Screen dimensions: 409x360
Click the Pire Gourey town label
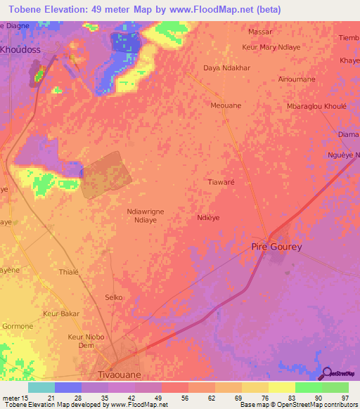(276, 247)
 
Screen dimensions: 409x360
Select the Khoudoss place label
(21, 50)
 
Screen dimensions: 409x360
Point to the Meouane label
(226, 105)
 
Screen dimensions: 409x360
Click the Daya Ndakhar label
(226, 68)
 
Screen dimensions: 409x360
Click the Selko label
(114, 297)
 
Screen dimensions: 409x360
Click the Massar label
(260, 32)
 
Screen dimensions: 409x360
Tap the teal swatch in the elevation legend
(41, 387)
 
